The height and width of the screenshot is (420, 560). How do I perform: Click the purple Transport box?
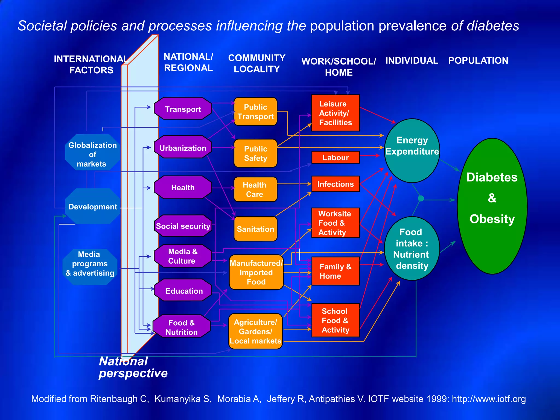click(x=183, y=109)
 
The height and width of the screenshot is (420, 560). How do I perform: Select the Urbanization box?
click(x=183, y=148)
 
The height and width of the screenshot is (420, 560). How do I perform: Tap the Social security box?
click(x=183, y=226)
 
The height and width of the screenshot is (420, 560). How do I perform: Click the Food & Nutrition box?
click(x=182, y=327)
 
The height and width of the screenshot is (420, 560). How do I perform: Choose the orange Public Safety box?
click(x=255, y=153)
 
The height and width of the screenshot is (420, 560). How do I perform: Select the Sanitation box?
click(x=255, y=229)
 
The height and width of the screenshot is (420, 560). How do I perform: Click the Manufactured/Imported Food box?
click(x=256, y=272)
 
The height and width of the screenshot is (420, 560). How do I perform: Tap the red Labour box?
click(x=336, y=157)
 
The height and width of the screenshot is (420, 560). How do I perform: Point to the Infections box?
click(x=336, y=184)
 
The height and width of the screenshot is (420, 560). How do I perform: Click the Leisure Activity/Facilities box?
click(x=336, y=113)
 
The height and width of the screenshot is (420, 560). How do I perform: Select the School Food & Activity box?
click(x=336, y=320)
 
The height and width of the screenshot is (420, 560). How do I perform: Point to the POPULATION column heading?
click(x=478, y=60)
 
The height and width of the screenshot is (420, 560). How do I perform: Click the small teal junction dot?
click(x=421, y=198)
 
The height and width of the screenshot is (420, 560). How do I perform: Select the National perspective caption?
click(x=133, y=367)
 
